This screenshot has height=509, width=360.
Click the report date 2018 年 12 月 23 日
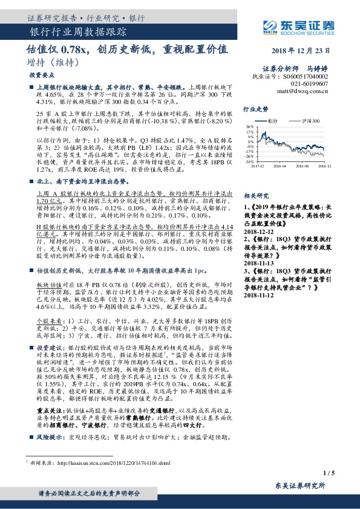click(x=303, y=51)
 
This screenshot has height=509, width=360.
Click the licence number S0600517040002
click(x=306, y=77)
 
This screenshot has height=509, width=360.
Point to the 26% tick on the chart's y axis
click(x=249, y=127)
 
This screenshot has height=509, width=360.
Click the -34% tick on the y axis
click(x=249, y=162)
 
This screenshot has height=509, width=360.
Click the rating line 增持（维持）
click(x=50, y=62)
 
